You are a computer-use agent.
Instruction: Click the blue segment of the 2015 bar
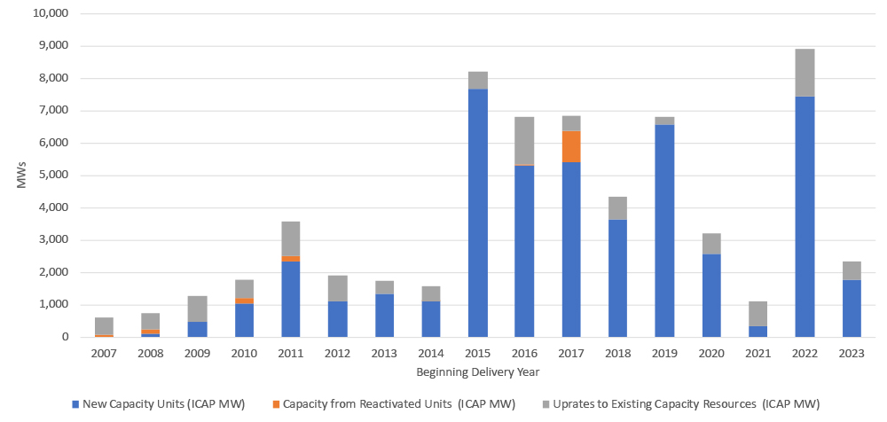[x=477, y=213]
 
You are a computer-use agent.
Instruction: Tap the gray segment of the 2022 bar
[x=805, y=73]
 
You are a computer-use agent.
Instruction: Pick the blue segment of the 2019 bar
[x=664, y=231]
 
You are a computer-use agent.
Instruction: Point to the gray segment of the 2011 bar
[x=291, y=238]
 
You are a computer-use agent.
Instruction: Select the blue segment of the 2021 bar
[x=757, y=332]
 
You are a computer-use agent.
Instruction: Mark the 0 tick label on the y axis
[x=64, y=338]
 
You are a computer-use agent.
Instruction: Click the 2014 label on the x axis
[x=431, y=353]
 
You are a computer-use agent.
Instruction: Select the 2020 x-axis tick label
[x=711, y=353]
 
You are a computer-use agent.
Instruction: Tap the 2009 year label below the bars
[x=197, y=353]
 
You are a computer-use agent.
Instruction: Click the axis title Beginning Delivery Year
[x=477, y=371]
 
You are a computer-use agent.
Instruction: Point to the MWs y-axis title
[x=20, y=176]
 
